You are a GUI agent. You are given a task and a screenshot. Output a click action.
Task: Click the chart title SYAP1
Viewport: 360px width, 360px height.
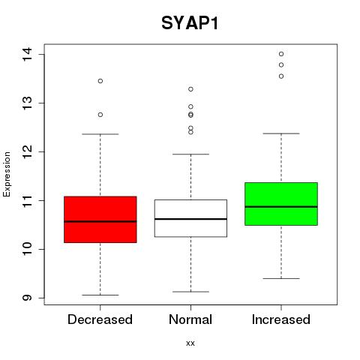click(x=190, y=23)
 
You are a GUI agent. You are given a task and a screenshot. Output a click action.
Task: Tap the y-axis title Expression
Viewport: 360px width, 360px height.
click(x=7, y=175)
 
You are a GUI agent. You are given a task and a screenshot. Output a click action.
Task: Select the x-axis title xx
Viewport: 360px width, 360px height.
click(x=190, y=343)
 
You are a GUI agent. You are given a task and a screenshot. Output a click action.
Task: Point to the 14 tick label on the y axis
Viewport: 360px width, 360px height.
click(x=27, y=54)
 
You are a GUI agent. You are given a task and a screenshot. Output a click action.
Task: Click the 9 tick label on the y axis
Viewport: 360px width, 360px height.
click(x=27, y=298)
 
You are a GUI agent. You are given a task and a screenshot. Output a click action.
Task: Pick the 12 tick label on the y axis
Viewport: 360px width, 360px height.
click(x=27, y=151)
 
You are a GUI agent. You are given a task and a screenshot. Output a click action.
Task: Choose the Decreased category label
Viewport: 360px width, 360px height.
click(x=100, y=319)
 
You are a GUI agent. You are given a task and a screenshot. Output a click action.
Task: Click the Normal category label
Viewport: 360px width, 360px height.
click(x=190, y=319)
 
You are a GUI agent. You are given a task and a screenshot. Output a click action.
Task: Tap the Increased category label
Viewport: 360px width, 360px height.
click(x=281, y=319)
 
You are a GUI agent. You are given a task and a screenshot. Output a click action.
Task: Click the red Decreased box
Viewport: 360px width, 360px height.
click(x=100, y=220)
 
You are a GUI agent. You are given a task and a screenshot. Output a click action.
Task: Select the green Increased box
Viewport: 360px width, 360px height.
click(x=281, y=204)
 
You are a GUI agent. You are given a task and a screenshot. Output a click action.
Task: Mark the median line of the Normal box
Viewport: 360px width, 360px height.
click(x=190, y=219)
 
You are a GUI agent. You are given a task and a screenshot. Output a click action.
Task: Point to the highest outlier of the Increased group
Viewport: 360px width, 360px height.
click(x=281, y=54)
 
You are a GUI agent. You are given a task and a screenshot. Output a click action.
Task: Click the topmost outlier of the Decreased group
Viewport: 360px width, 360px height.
click(x=100, y=81)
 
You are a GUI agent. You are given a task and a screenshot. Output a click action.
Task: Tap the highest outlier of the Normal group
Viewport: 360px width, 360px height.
click(x=190, y=89)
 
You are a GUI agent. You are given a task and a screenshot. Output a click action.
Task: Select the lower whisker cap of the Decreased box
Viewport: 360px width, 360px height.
click(x=100, y=295)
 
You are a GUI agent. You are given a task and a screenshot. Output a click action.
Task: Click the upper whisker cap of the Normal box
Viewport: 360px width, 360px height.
click(x=190, y=154)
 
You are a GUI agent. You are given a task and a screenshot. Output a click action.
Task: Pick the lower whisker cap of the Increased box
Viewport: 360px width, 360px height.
click(x=281, y=278)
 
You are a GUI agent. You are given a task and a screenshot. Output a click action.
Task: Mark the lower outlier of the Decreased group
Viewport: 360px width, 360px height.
click(x=100, y=115)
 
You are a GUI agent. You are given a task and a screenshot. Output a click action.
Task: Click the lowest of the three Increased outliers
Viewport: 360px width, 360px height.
click(x=281, y=76)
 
